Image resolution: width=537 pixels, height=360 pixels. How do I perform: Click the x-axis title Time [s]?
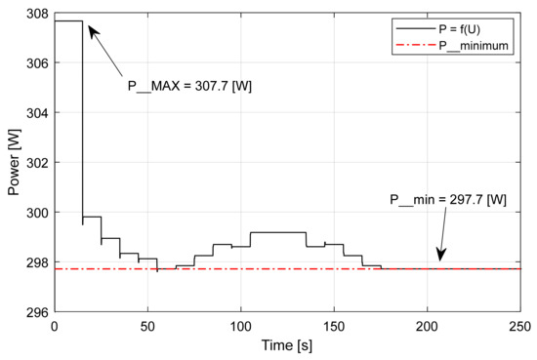tap(286, 346)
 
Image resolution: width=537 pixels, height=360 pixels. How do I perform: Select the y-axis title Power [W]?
tap(13, 162)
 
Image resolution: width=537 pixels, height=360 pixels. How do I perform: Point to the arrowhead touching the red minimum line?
tap(440, 259)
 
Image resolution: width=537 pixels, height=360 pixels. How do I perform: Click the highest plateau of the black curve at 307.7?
tap(67, 20)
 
